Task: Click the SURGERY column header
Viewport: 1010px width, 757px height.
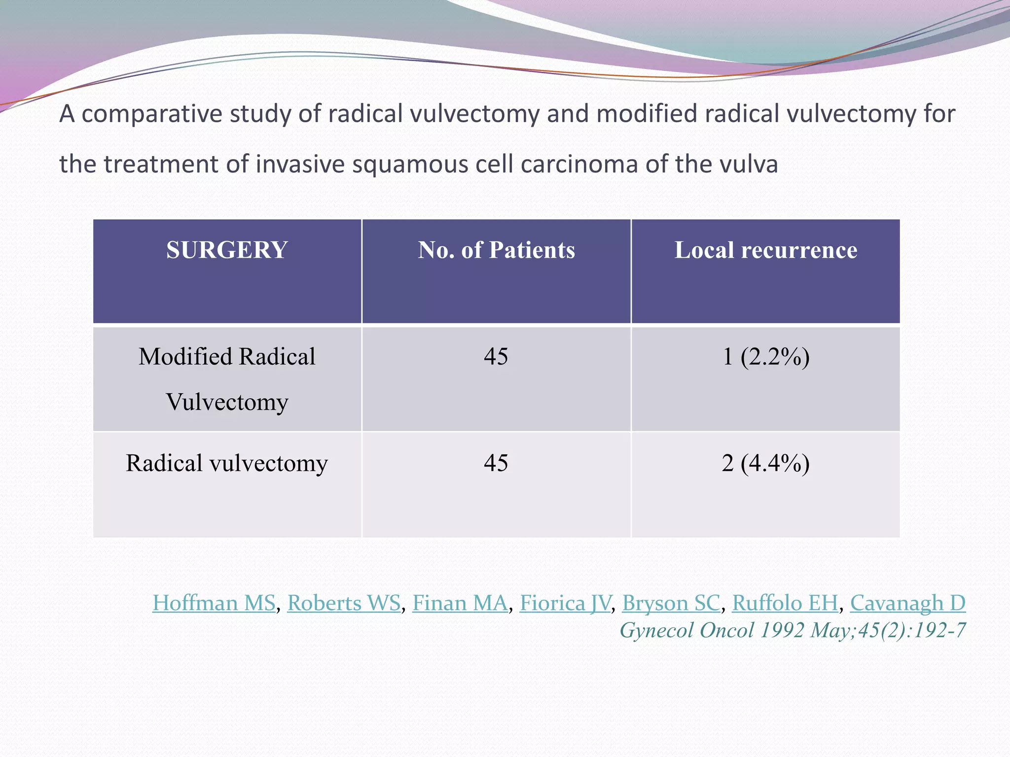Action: (227, 250)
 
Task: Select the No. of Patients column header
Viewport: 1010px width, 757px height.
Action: (496, 250)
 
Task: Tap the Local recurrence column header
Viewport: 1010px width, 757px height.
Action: (765, 250)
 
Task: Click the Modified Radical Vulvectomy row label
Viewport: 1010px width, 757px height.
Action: (227, 378)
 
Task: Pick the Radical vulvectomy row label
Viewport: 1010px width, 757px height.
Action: (227, 463)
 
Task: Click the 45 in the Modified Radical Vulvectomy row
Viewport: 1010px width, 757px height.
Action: (496, 356)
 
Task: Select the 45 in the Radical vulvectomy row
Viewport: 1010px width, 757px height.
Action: (496, 463)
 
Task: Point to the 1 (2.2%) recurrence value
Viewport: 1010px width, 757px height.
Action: (765, 356)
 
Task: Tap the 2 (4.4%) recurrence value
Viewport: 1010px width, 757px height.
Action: (765, 463)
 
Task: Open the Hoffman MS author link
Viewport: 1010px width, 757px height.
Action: (214, 603)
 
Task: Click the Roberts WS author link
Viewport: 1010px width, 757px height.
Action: (344, 603)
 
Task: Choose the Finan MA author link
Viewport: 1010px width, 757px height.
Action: (460, 603)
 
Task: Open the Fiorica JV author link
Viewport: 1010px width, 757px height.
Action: (565, 603)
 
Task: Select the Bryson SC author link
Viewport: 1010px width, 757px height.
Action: (671, 603)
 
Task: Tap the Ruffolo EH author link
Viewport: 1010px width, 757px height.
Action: (785, 603)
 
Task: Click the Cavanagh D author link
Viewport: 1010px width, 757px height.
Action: (907, 603)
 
